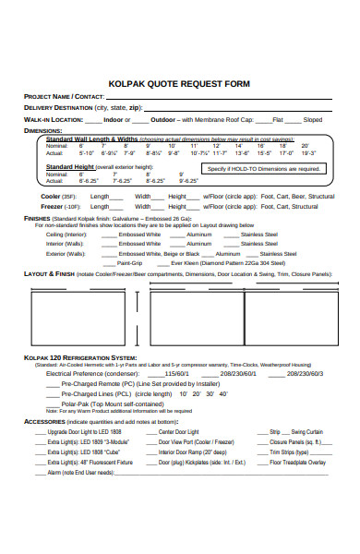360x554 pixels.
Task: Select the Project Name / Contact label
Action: pyautogui.click(x=63, y=95)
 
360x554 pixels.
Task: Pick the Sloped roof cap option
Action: pyautogui.click(x=313, y=119)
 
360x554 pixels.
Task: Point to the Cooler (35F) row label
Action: pyautogui.click(x=56, y=196)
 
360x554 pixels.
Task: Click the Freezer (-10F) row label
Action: pyautogui.click(x=58, y=207)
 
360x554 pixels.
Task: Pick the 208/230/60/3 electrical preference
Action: pyautogui.click(x=305, y=374)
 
